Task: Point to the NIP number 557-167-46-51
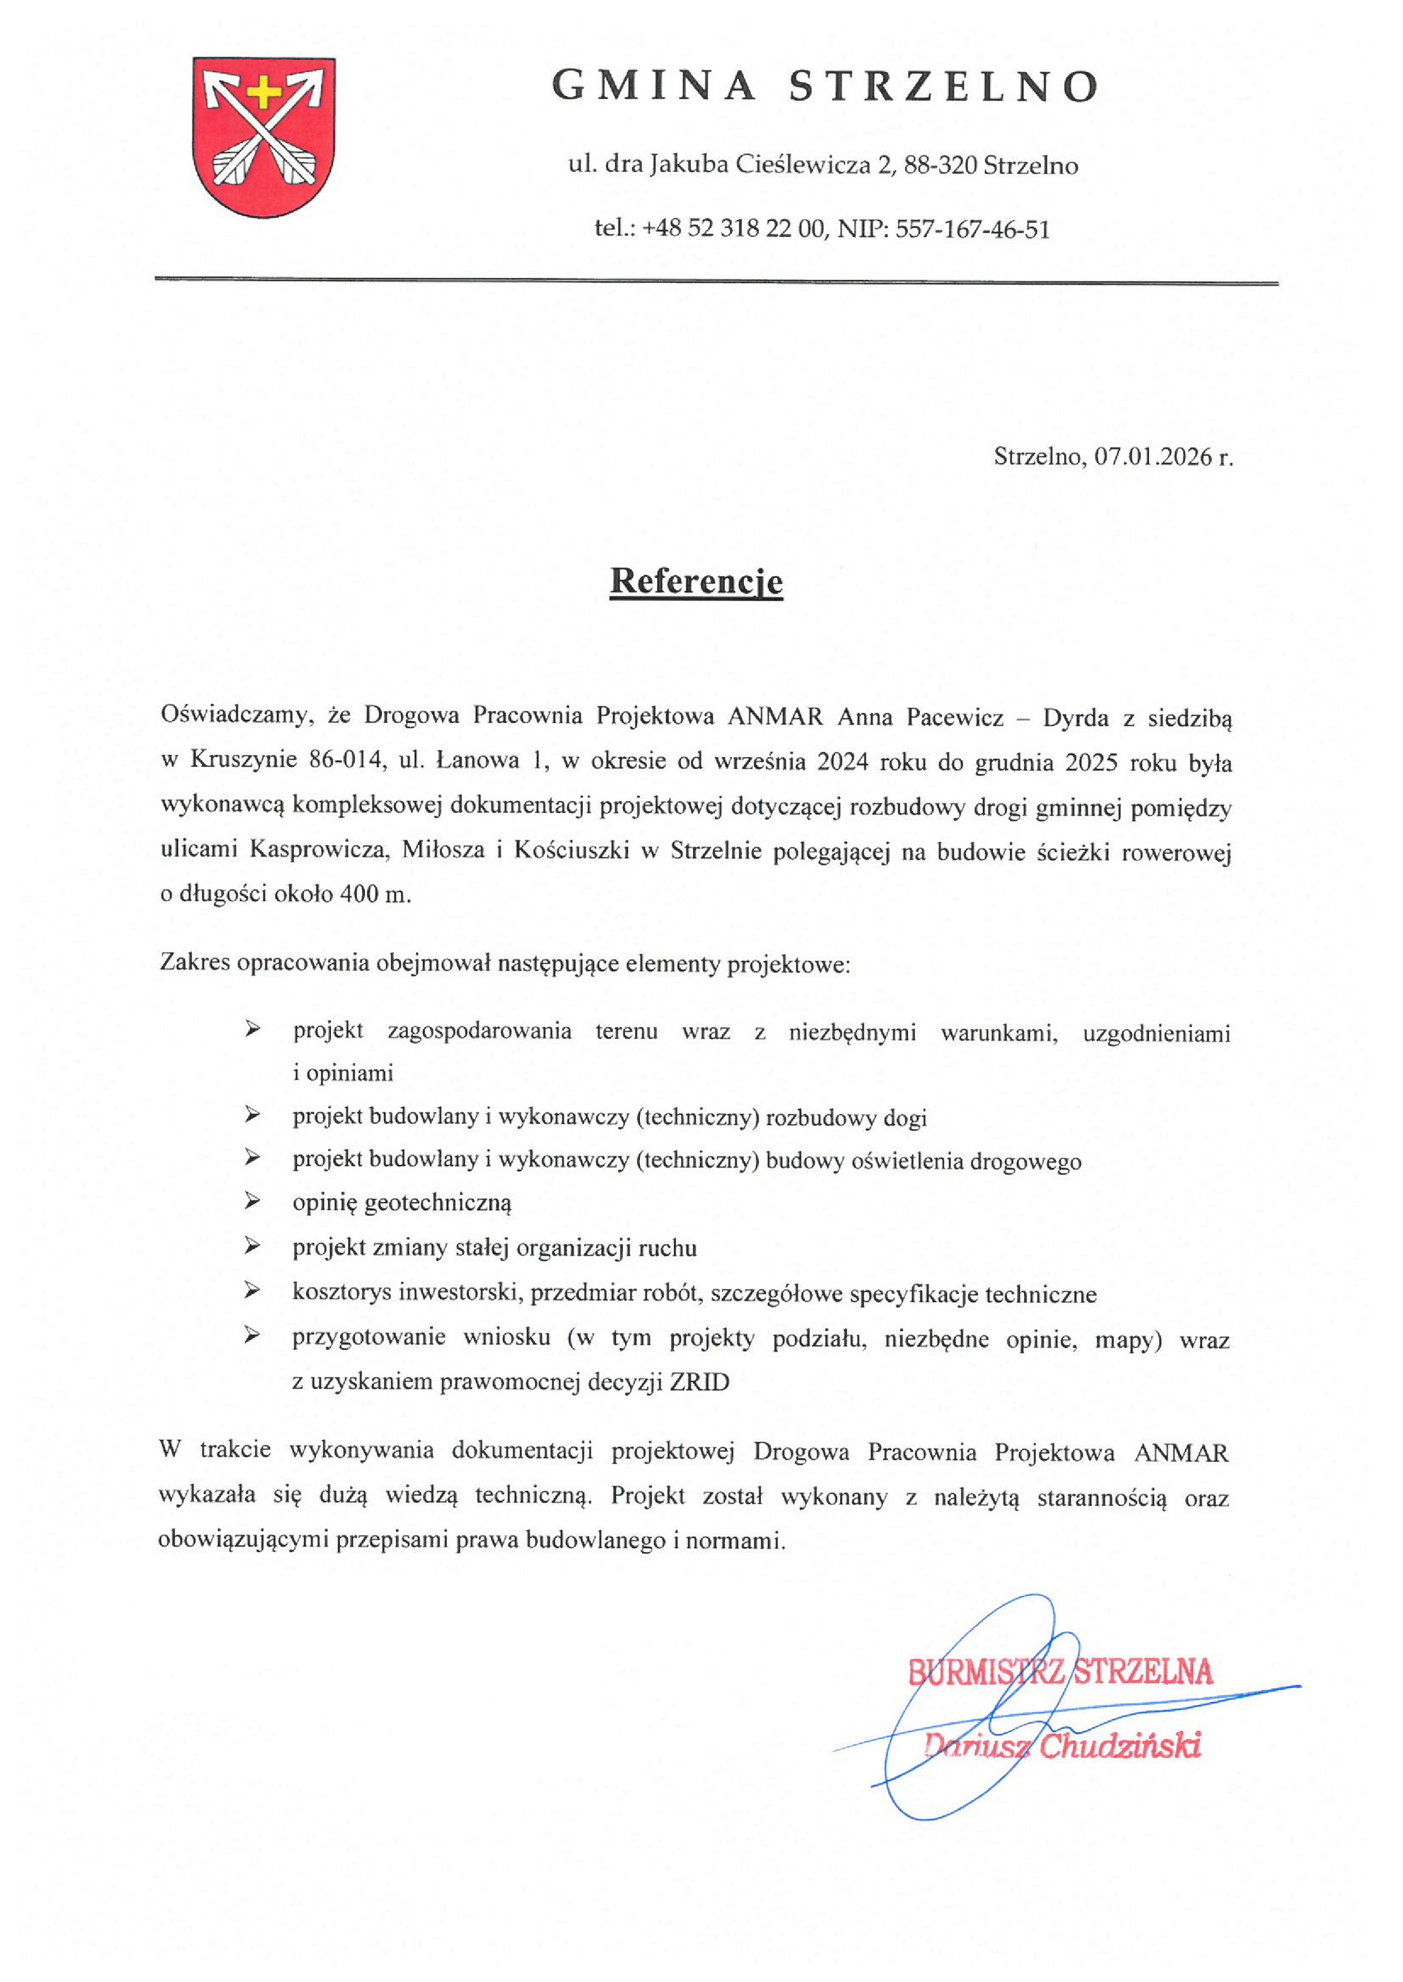coord(972,229)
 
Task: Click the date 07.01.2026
coord(1153,456)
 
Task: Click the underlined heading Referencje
coord(697,581)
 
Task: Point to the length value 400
coord(359,894)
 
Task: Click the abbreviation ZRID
coord(699,1383)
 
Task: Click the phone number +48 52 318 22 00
coord(733,229)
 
